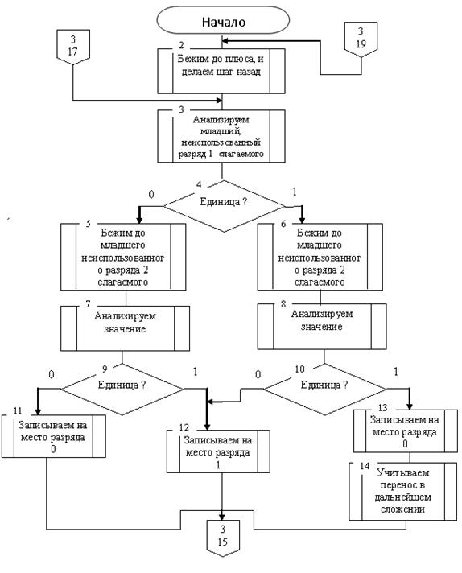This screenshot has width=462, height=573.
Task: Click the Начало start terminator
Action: coord(223,20)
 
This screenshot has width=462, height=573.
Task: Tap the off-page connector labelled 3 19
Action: coord(361,39)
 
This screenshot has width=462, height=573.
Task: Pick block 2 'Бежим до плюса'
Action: coord(221,72)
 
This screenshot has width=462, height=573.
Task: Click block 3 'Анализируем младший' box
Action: coord(221,136)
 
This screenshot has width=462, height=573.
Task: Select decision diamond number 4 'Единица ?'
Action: coord(224,206)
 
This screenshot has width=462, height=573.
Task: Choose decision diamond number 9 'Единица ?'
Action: coord(122,390)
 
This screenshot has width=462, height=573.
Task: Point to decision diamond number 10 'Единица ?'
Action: coord(324,390)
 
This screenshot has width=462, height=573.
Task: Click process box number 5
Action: coord(123,257)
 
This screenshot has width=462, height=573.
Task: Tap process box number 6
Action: coord(320,257)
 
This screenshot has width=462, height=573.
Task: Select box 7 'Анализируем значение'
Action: coord(125,328)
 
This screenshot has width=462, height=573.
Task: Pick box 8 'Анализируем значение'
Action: coord(322,326)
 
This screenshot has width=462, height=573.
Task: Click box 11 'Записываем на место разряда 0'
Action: coord(53,436)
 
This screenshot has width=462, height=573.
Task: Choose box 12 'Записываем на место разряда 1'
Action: coord(218,451)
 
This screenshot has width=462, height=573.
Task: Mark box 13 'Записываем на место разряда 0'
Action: coord(406,431)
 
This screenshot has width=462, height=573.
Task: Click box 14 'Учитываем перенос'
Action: coord(402,492)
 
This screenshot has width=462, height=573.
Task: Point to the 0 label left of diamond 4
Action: coord(151,195)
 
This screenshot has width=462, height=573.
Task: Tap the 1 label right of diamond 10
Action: coord(395,372)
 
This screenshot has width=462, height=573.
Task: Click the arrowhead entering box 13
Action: coord(410,406)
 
